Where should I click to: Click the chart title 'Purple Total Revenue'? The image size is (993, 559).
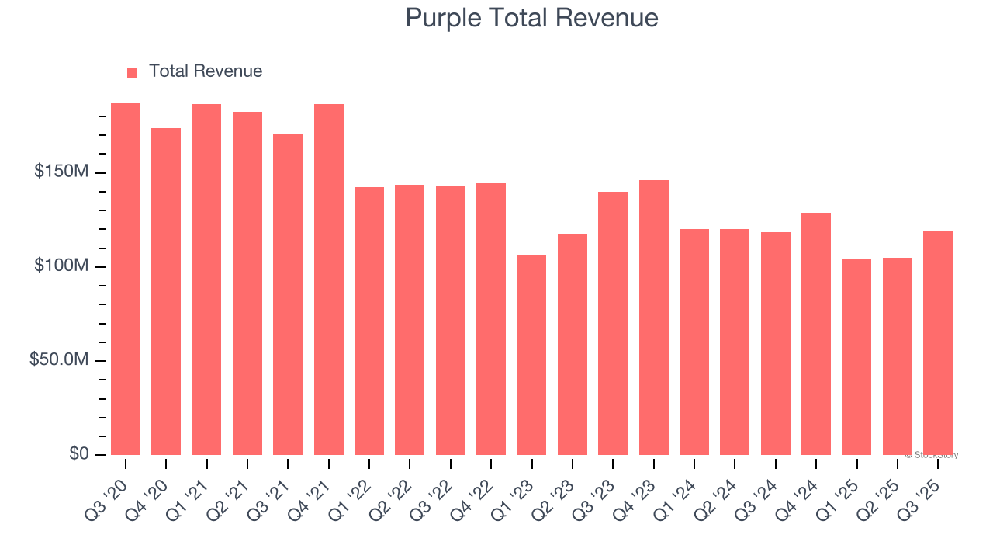click(x=531, y=18)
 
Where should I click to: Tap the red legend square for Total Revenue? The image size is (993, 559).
click(x=132, y=73)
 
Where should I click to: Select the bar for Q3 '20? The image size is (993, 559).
click(x=126, y=279)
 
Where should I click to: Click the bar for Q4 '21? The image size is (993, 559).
click(x=329, y=279)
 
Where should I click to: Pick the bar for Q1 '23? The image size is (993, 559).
click(x=531, y=355)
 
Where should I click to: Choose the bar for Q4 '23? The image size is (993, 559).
click(x=653, y=318)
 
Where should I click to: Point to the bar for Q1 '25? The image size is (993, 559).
click(x=856, y=357)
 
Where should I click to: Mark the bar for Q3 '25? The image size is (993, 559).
click(x=938, y=343)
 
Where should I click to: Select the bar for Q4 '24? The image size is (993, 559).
click(x=816, y=334)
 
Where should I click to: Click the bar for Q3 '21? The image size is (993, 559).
click(x=288, y=294)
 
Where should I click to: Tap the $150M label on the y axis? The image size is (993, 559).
click(x=61, y=172)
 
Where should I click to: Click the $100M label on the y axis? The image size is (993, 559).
click(x=61, y=266)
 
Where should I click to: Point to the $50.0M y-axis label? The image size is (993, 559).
click(x=58, y=360)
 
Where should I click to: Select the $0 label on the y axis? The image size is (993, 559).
click(x=78, y=454)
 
